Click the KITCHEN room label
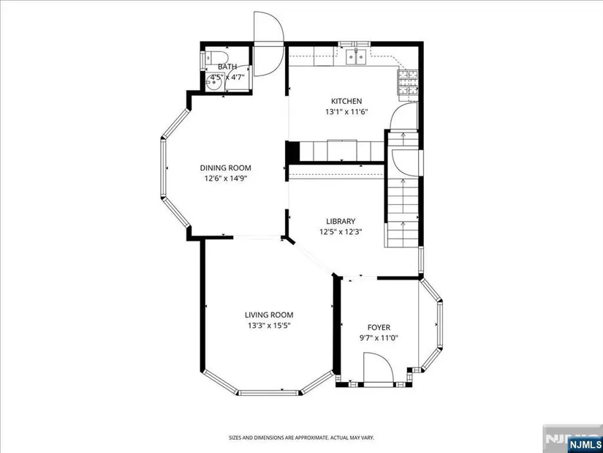coord(346,101)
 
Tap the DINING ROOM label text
coord(225,168)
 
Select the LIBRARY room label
coord(341,222)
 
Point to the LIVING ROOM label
coord(269,315)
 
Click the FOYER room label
coord(379,328)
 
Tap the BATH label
coord(227,67)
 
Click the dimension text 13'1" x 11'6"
coord(347,112)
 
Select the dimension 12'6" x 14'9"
coord(225,179)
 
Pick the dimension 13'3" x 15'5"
coord(269,326)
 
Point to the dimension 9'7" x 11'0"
coord(379,338)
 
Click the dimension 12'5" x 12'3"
coord(341,232)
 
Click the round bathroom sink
coord(213,82)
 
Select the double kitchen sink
coord(356,57)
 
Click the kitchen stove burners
coord(408,83)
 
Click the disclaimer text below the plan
coord(301,438)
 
